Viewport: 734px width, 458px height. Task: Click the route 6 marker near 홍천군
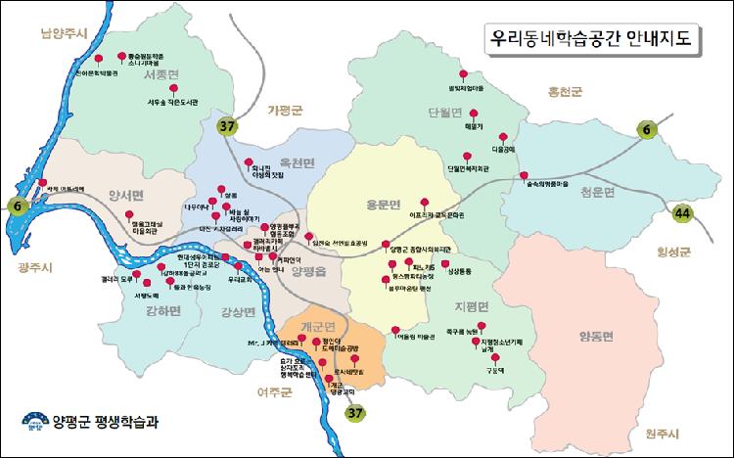pos(647,127)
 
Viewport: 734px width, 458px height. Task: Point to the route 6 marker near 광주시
pos(16,206)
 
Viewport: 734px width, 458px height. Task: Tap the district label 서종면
pos(161,74)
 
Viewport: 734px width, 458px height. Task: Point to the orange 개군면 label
pos(318,326)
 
